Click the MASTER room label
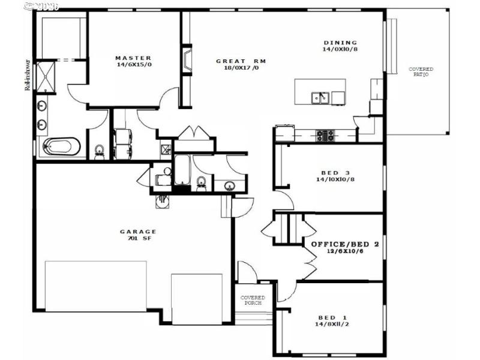133,58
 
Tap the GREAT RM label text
241,61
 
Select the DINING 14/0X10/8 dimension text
340,49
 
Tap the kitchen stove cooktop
325,136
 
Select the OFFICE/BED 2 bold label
344,245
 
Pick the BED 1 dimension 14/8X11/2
336,324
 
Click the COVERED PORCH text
253,300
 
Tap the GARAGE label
138,231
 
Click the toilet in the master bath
99,152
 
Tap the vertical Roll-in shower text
28,74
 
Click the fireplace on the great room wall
187,61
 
